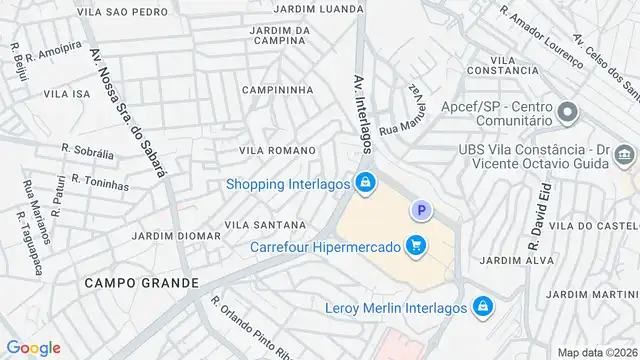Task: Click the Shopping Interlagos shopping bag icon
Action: coord(366,183)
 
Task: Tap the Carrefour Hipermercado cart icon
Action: coord(416,245)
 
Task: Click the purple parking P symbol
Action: coord(422,210)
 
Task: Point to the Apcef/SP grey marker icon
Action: coord(568,112)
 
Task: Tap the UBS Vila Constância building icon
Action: coord(626,155)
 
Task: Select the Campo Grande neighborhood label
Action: coord(141,283)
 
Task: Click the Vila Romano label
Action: coord(277,150)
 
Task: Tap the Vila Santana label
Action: coord(265,225)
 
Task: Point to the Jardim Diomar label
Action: coord(176,236)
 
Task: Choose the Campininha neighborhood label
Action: coord(277,90)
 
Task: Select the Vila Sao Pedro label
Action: coord(122,12)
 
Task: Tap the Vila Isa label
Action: coord(67,92)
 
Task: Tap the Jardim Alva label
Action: coord(503,260)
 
